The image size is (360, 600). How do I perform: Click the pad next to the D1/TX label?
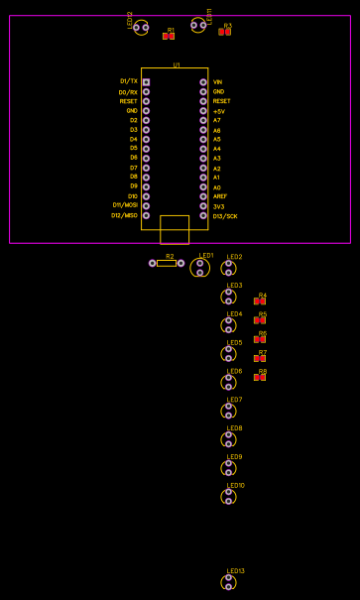(x=146, y=82)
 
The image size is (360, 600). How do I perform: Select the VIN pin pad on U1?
(x=203, y=82)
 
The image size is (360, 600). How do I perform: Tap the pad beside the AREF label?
(x=203, y=196)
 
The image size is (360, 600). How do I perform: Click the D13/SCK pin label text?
(x=224, y=215)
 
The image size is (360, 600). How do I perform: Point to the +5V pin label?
(x=218, y=111)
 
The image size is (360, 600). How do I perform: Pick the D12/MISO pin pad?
(x=146, y=215)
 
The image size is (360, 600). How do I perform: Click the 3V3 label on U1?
(x=218, y=206)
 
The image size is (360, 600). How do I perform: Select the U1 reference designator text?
(x=177, y=64)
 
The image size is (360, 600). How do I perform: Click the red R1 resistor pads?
(x=169, y=36)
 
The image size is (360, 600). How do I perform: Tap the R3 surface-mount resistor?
(x=225, y=32)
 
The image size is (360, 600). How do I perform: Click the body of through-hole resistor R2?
(x=167, y=263)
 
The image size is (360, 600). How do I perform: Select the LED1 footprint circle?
(x=200, y=268)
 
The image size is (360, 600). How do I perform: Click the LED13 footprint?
(x=228, y=582)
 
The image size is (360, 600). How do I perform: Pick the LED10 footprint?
(x=228, y=496)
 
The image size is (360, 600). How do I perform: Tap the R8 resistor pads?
(x=260, y=377)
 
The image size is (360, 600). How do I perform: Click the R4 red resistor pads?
(x=260, y=300)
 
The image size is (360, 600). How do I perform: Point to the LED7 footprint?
(x=228, y=411)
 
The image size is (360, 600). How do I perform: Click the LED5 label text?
(x=234, y=342)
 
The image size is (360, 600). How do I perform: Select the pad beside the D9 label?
(x=146, y=186)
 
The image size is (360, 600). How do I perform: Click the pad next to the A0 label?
(x=203, y=186)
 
